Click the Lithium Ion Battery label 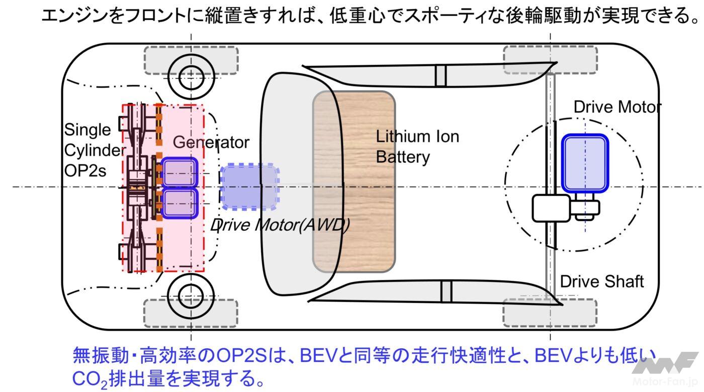pos(417,146)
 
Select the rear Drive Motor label pos(617,107)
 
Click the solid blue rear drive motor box pos(584,163)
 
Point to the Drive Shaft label pos(601,281)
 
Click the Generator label pos(211,142)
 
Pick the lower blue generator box pos(179,204)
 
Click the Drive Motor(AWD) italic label pos(279,225)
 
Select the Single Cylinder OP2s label pos(94,150)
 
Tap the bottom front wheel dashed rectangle pos(191,313)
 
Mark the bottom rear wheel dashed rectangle pos(550,313)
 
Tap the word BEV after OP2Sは pos(318,356)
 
